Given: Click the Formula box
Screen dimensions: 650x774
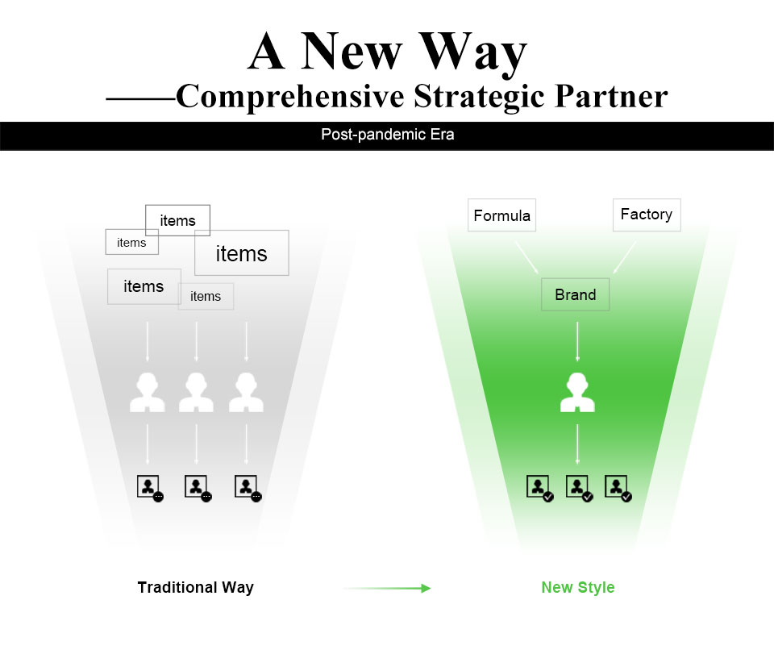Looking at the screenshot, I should pyautogui.click(x=501, y=215).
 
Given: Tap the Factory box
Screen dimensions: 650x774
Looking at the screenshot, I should pyautogui.click(x=647, y=215).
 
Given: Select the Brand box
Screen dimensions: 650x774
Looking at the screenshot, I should pyautogui.click(x=575, y=294).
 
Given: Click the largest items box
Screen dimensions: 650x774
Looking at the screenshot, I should pyautogui.click(x=241, y=253).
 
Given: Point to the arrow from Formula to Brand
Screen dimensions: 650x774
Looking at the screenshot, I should pyautogui.click(x=527, y=258).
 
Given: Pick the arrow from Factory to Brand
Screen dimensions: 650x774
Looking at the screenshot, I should pyautogui.click(x=624, y=258).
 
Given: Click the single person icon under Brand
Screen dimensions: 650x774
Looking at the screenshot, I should pyautogui.click(x=577, y=393).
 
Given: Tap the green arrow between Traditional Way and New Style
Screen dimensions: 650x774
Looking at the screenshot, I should pyautogui.click(x=387, y=588).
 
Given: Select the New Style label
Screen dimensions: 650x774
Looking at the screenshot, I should pyautogui.click(x=577, y=587).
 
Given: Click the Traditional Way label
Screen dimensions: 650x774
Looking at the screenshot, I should pyautogui.click(x=195, y=587).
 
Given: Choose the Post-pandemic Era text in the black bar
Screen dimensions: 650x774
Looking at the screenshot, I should pyautogui.click(x=387, y=135).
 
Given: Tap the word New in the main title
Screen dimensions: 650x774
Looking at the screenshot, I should pyautogui.click(x=361, y=53).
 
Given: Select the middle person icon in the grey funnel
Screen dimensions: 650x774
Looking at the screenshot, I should pyautogui.click(x=196, y=393).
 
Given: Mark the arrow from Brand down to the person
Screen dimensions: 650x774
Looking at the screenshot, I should pyautogui.click(x=577, y=341).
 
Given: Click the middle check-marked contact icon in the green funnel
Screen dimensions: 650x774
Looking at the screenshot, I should pyautogui.click(x=580, y=488).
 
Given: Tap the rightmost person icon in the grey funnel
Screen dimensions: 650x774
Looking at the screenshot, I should pyautogui.click(x=246, y=393).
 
